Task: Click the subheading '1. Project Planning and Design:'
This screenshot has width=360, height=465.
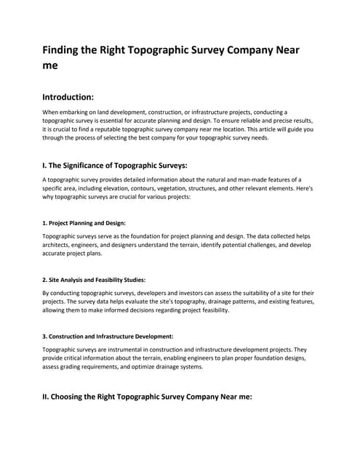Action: pos(84,223)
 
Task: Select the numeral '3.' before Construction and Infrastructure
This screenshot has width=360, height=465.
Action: pos(45,336)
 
